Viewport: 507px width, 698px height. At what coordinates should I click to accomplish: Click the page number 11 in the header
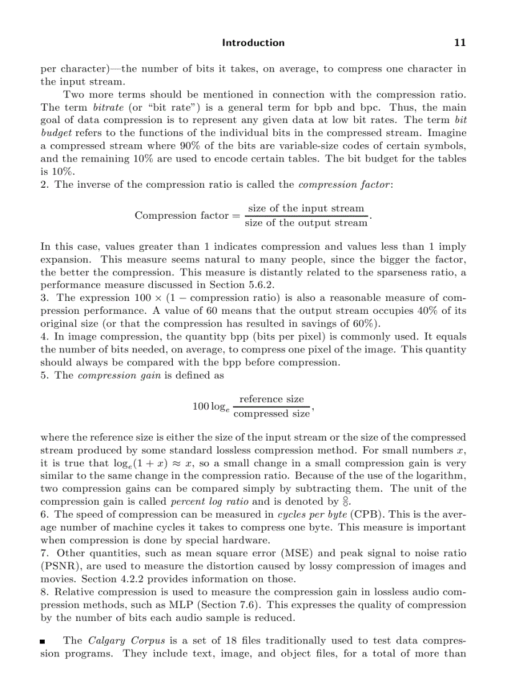click(x=460, y=43)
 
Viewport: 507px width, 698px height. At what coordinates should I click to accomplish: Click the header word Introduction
click(x=253, y=43)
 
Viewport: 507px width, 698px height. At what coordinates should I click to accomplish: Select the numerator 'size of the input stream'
click(x=306, y=208)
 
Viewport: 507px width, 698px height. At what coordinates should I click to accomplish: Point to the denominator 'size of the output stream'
click(x=306, y=223)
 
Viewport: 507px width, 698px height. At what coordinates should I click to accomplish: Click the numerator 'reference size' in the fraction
click(x=272, y=399)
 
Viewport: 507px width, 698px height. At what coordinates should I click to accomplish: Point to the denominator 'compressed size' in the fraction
click(x=272, y=413)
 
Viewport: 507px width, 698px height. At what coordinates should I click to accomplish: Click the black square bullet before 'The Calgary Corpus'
click(x=43, y=641)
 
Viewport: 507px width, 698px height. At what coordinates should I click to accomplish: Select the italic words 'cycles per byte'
click(x=312, y=515)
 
